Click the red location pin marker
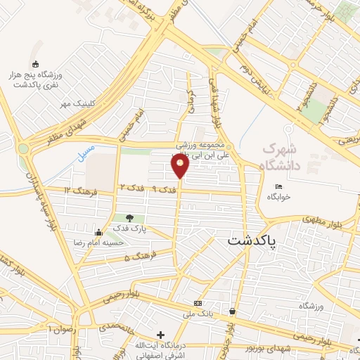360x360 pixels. point(180,165)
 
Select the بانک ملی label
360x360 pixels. point(198,312)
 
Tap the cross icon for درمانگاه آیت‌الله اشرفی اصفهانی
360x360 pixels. point(161,334)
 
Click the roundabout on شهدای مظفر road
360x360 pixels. point(24,148)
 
